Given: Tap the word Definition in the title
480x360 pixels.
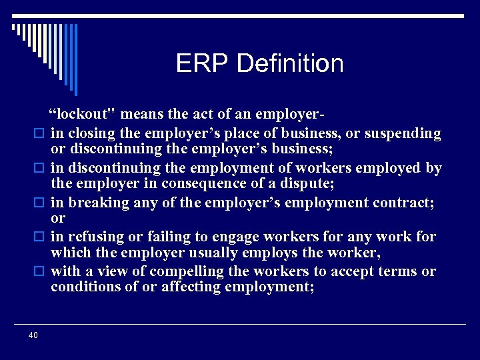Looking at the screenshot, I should point(290,64).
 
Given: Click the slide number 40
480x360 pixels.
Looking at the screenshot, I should point(33,335).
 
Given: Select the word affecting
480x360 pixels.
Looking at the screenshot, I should point(191,287).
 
